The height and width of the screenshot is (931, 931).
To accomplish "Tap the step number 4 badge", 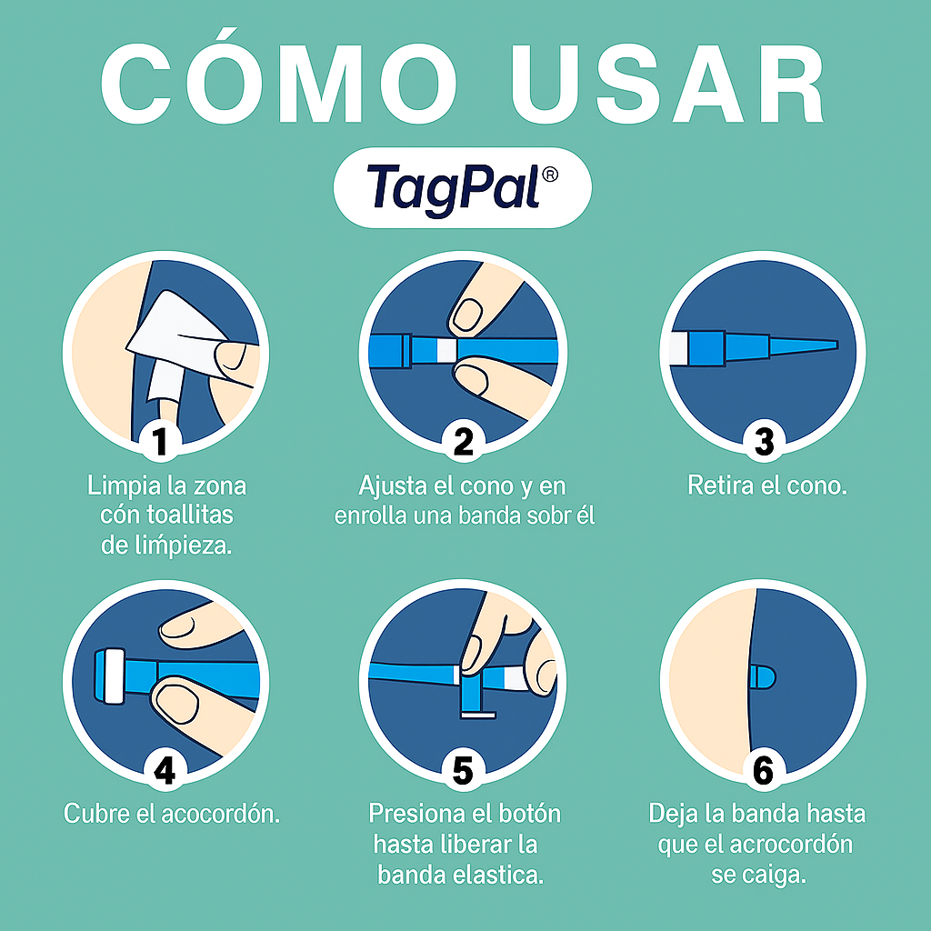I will point(164,770).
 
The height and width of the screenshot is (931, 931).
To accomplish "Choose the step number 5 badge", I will point(464,771).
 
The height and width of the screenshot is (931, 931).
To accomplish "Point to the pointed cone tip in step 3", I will point(823,344).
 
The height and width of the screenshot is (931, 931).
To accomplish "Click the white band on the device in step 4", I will point(115,676).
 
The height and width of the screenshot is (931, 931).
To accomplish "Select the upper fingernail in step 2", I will point(468,315).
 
